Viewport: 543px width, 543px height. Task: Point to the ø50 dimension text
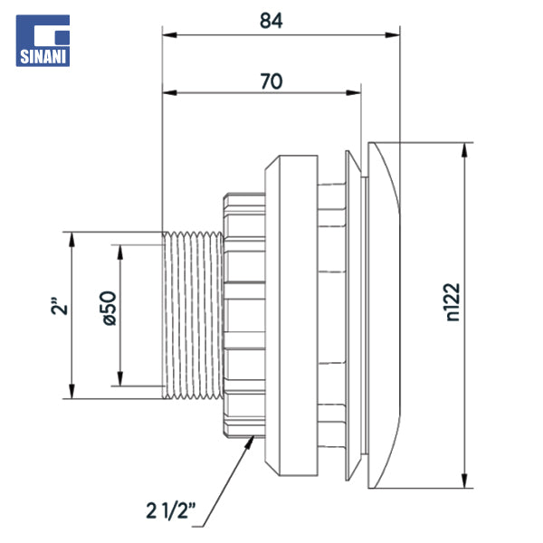click(x=106, y=308)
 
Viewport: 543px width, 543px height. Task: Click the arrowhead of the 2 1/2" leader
click(x=251, y=440)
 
